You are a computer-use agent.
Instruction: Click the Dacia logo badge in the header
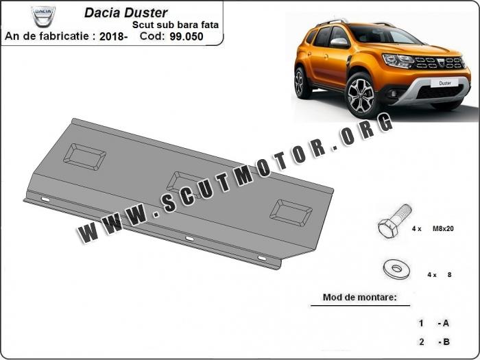pyautogui.click(x=43, y=16)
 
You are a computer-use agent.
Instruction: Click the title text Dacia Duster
pyautogui.click(x=125, y=13)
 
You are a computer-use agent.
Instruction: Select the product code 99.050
pyautogui.click(x=187, y=36)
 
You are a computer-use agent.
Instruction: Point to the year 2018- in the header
pyautogui.click(x=113, y=36)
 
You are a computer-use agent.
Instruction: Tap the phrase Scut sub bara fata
pyautogui.click(x=176, y=25)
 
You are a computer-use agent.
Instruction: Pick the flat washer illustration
pyautogui.click(x=397, y=269)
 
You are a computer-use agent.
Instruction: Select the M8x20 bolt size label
pyautogui.click(x=443, y=228)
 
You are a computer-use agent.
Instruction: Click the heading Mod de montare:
pyautogui.click(x=360, y=297)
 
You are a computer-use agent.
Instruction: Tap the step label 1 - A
pyautogui.click(x=434, y=323)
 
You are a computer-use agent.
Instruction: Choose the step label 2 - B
pyautogui.click(x=434, y=341)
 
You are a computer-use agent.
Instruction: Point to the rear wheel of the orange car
pyautogui.click(x=300, y=83)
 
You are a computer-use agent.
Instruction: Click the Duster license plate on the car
pyautogui.click(x=445, y=83)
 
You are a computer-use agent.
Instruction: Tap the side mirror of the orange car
pyautogui.click(x=340, y=43)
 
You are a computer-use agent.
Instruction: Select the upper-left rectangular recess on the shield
pyautogui.click(x=85, y=157)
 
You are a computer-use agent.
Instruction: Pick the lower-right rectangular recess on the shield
pyautogui.click(x=291, y=213)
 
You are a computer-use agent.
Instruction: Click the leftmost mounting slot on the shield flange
pyautogui.click(x=45, y=200)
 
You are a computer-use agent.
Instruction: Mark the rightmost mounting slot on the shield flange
pyautogui.click(x=262, y=259)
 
